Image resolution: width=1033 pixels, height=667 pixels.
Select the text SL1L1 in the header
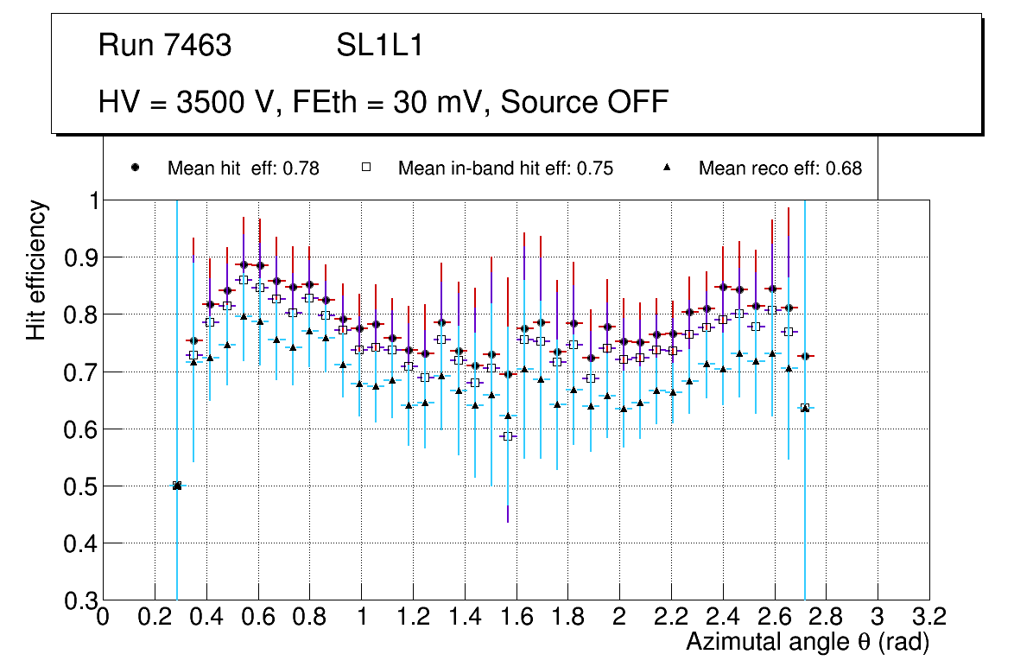(379, 46)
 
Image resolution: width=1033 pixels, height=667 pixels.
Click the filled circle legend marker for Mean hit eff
(135, 168)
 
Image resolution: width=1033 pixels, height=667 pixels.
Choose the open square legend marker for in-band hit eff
(365, 168)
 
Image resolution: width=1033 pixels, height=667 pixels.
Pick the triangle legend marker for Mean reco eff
(666, 168)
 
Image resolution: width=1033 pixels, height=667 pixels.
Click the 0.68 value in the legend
(844, 168)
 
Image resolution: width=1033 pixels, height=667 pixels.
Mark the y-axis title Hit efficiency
(37, 270)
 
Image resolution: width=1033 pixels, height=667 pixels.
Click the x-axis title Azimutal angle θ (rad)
(808, 642)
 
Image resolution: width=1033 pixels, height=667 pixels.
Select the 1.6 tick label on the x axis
(516, 617)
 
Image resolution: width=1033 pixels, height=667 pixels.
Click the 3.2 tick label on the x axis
(929, 617)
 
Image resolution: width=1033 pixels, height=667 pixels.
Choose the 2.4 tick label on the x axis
(722, 617)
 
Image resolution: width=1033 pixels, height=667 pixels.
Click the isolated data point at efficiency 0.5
(177, 486)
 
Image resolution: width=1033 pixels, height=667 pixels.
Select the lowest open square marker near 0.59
(508, 436)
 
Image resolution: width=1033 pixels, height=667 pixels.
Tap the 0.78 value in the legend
(302, 168)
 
